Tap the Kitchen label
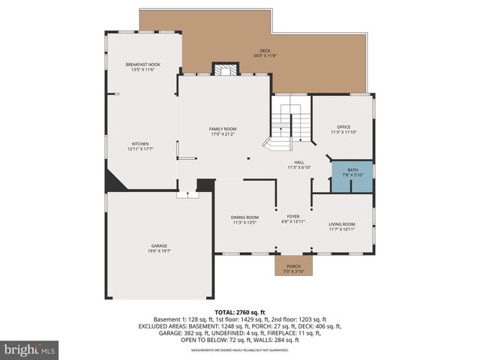[141, 144]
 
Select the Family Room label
[223, 129]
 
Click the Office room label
[344, 127]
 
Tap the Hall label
[298, 162]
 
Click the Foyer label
[293, 216]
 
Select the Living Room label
[341, 224]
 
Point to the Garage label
[159, 245]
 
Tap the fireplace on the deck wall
[223, 70]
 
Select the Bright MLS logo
[30, 349]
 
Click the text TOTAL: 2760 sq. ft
[240, 312]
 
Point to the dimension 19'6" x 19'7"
[159, 250]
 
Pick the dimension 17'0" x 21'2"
[223, 134]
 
